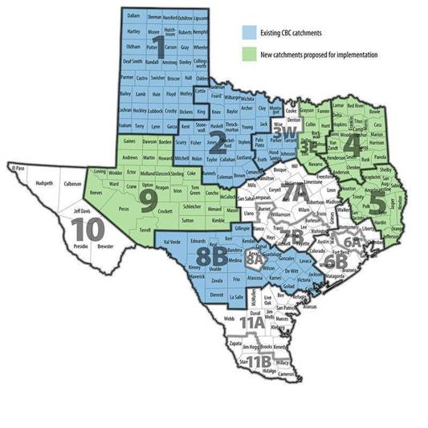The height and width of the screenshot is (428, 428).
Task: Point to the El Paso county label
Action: point(19,168)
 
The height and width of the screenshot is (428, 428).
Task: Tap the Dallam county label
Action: point(133,15)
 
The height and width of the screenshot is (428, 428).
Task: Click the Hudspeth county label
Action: point(44,183)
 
